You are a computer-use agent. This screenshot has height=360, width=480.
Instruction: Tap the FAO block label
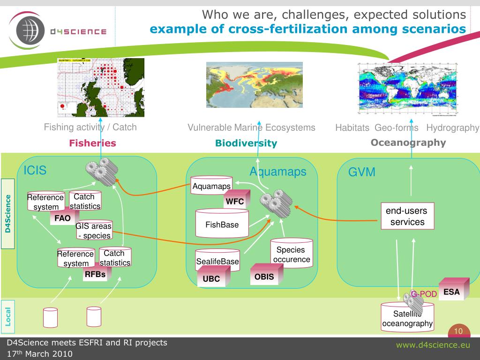click(x=62, y=218)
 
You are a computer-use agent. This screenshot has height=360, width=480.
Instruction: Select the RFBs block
click(x=95, y=275)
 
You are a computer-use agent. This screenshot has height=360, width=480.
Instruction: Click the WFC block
click(x=235, y=202)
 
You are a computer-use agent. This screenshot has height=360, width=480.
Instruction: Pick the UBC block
click(x=211, y=278)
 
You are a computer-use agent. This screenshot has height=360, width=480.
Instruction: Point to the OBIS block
click(x=264, y=277)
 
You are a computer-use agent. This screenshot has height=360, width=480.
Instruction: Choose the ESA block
click(x=452, y=291)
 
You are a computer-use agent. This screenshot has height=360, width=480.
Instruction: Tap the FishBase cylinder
click(x=222, y=224)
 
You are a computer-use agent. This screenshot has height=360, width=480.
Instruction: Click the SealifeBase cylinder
click(x=217, y=261)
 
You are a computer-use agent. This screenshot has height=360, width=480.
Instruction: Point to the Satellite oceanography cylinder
click(x=407, y=319)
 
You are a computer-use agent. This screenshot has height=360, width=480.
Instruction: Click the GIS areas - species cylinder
click(x=94, y=231)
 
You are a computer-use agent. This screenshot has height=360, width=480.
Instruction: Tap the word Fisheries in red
click(x=92, y=143)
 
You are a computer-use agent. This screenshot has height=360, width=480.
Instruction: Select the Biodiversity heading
click(x=246, y=143)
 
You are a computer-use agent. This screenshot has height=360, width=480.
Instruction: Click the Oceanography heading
click(x=408, y=142)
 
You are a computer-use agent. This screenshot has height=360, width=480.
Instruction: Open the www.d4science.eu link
click(x=433, y=345)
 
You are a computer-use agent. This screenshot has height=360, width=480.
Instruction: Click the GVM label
click(x=361, y=172)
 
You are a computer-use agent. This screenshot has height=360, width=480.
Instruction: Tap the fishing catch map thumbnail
click(x=100, y=87)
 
